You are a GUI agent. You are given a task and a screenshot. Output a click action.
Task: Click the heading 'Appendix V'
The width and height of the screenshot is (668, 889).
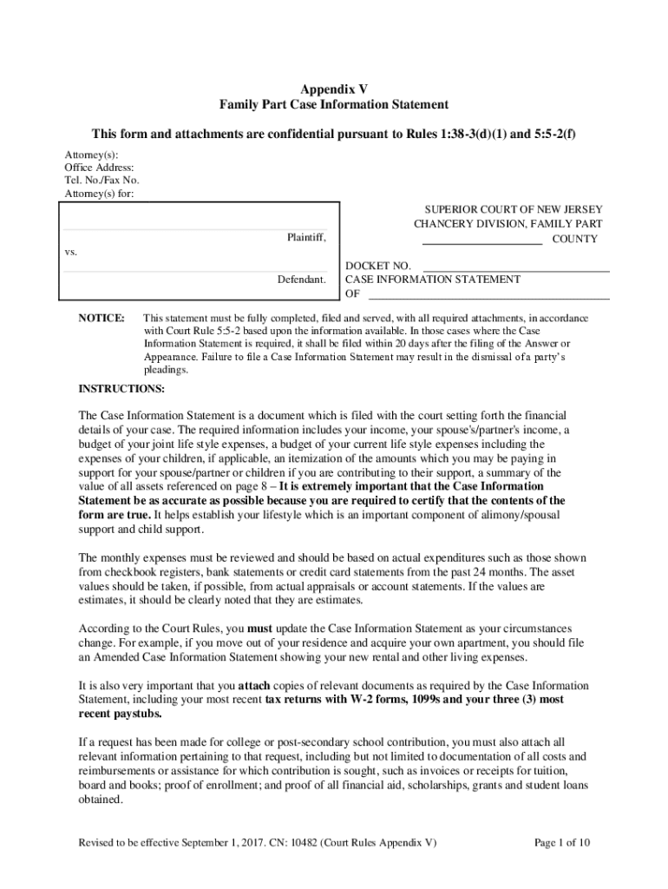point(334,89)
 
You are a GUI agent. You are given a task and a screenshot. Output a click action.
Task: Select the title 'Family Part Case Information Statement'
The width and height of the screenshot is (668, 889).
point(334,105)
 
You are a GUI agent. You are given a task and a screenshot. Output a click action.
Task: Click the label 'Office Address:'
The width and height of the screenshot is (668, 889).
point(100,168)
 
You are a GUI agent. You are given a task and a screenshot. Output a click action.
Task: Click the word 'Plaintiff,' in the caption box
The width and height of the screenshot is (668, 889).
point(306,237)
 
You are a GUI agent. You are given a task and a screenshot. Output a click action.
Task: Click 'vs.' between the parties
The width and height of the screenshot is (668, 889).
point(72,252)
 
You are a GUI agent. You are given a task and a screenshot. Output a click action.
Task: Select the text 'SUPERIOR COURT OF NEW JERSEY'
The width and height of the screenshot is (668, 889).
point(513,210)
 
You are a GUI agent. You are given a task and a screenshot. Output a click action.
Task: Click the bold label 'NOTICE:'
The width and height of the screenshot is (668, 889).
point(102,319)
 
